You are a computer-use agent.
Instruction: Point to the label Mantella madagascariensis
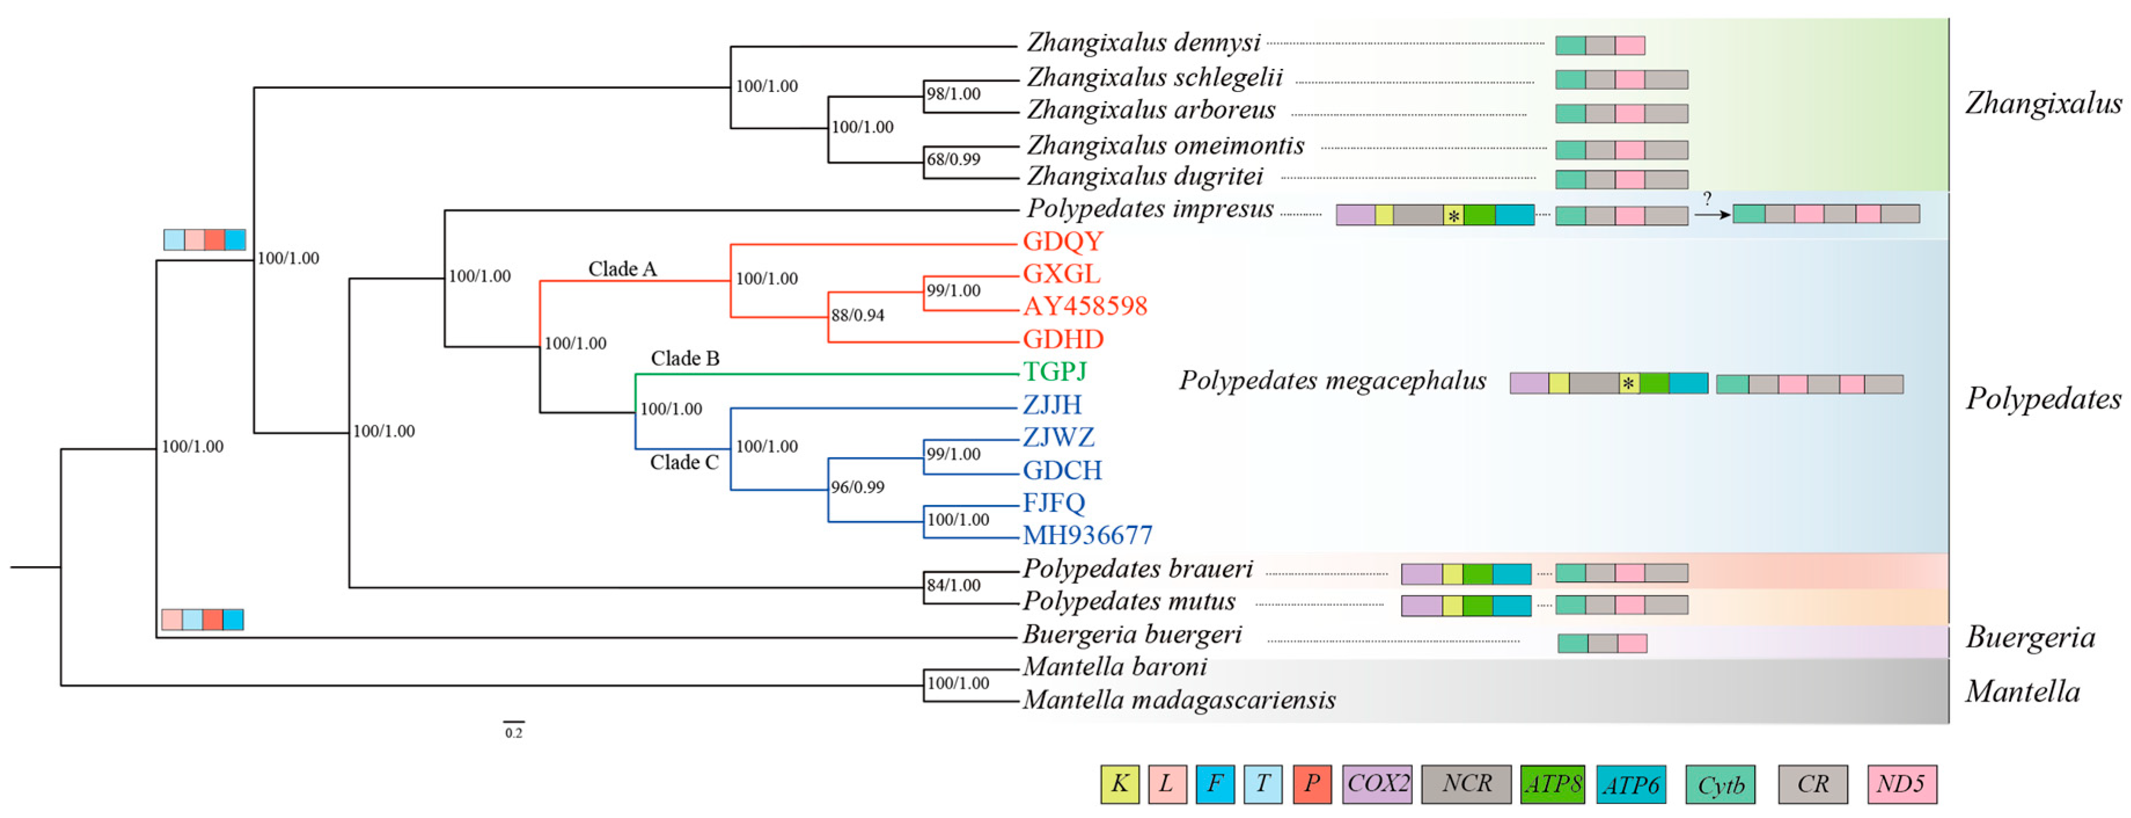1179,700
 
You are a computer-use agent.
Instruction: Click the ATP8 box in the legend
1552,784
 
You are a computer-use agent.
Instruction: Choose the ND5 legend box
1901,784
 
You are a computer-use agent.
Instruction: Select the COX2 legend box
1376,784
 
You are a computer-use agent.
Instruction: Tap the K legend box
1119,784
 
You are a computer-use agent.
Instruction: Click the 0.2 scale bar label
514,733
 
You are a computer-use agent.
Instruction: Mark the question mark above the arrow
1707,199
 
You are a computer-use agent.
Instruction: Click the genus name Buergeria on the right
2030,638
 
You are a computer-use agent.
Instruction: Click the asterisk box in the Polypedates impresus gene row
1453,216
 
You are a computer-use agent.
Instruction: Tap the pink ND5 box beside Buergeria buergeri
1632,644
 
